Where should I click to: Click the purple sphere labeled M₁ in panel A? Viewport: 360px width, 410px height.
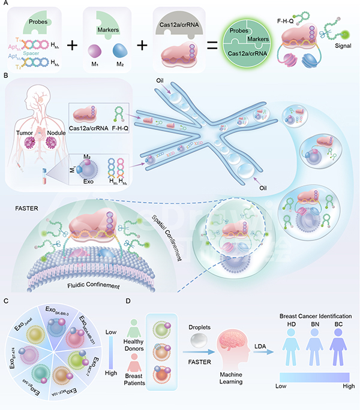[x=95, y=53]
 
